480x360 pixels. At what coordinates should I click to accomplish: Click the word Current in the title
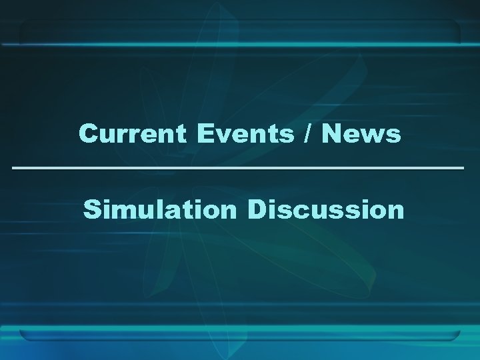click(133, 134)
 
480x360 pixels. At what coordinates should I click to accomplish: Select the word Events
click(244, 134)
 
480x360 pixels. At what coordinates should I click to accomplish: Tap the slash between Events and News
click(307, 134)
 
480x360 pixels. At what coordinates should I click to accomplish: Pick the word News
click(361, 134)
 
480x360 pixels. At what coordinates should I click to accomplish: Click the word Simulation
click(160, 209)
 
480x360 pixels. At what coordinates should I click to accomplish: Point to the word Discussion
click(326, 209)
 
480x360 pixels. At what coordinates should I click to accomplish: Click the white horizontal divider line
click(238, 167)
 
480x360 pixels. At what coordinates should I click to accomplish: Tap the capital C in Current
click(88, 134)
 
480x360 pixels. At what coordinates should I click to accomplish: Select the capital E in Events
click(204, 134)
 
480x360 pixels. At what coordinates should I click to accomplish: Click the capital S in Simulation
click(91, 210)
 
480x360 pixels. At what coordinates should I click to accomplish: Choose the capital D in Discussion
click(257, 209)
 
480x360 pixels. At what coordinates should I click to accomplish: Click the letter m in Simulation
click(123, 211)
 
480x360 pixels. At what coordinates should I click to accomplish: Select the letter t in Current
click(181, 135)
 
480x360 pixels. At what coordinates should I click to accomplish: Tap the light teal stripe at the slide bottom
click(240, 333)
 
